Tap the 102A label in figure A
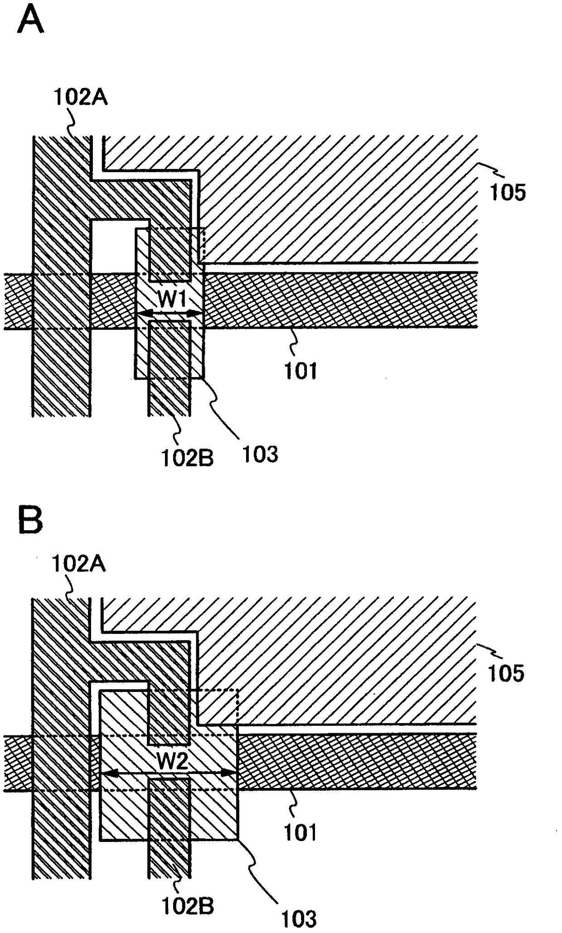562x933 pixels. point(81,97)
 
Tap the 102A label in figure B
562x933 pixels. point(79,564)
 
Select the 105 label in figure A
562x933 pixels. point(508,193)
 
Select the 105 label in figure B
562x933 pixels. point(506,673)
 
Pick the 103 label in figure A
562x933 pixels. point(260,454)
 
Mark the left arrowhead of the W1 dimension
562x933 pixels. point(140,314)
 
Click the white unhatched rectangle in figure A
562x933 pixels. point(113,247)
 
